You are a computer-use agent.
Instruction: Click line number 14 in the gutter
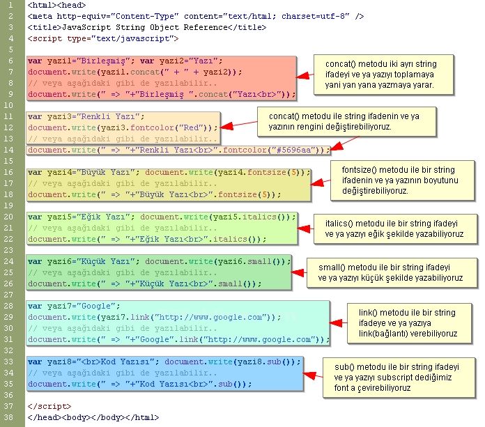click(10, 150)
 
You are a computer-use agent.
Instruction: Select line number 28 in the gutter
click(10, 306)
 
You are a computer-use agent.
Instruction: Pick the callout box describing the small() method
click(390, 272)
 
